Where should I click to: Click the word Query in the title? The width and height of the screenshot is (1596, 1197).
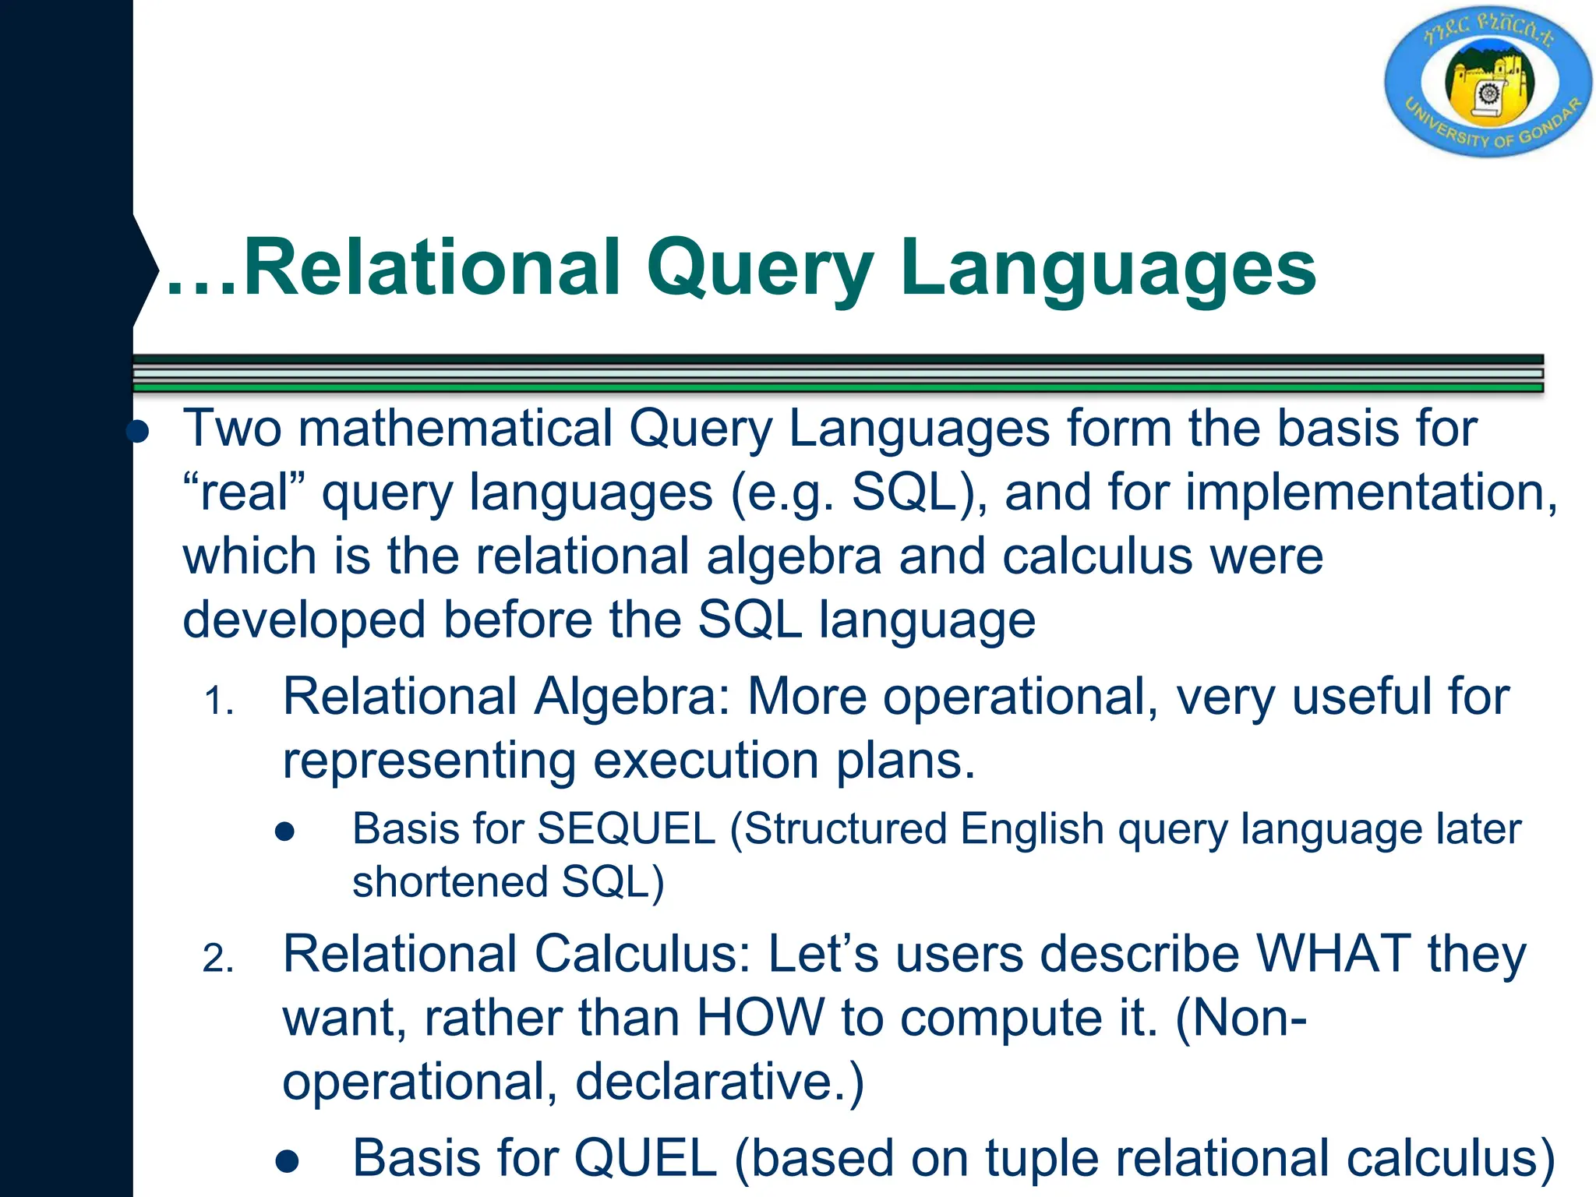pyautogui.click(x=760, y=269)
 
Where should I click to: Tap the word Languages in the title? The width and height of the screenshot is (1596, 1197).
pyautogui.click(x=1107, y=269)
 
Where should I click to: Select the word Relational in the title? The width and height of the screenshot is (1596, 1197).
pyautogui.click(x=433, y=269)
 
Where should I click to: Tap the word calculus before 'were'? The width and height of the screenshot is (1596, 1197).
pyautogui.click(x=1096, y=557)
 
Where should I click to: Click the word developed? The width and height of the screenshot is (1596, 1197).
pyautogui.click(x=304, y=621)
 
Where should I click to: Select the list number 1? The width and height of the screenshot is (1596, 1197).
pyautogui.click(x=218, y=701)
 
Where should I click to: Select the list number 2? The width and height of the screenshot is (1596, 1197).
pyautogui.click(x=218, y=959)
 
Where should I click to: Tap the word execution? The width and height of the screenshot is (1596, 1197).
pyautogui.click(x=705, y=760)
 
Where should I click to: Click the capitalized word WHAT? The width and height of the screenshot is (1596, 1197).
pyautogui.click(x=1333, y=954)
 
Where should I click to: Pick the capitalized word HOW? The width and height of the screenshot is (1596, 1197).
pyautogui.click(x=760, y=1018)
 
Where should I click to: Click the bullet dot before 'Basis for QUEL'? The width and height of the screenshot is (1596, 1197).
pyautogui.click(x=287, y=1162)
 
